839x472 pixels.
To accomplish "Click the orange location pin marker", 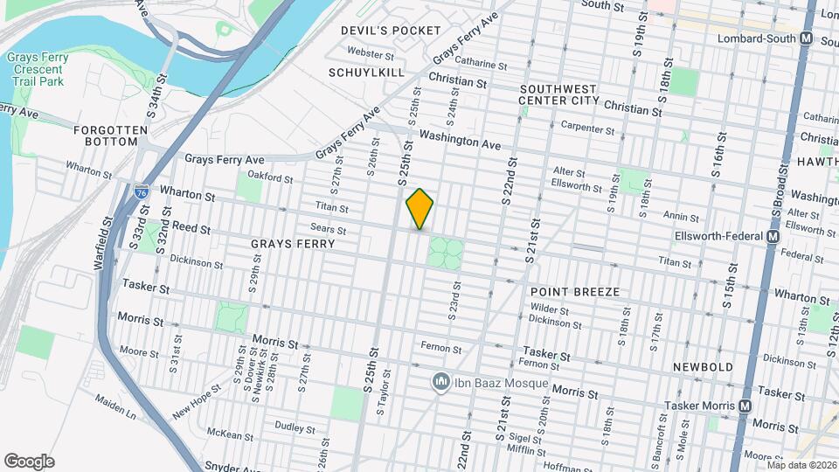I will point(420,209).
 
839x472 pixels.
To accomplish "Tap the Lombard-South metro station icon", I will point(806,39).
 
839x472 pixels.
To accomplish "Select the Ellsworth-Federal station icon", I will point(773,237).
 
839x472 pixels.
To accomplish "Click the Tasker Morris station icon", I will point(745,406).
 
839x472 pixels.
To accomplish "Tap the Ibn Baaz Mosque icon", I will point(441,383).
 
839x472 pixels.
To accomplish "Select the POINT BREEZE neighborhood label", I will point(575,291).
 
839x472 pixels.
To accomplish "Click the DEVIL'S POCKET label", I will point(391,31).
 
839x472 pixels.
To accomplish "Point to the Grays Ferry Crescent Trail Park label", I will point(35,69).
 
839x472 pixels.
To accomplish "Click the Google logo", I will point(29,462).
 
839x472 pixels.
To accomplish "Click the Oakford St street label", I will point(269,177).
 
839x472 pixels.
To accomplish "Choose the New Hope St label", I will point(192,406).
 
